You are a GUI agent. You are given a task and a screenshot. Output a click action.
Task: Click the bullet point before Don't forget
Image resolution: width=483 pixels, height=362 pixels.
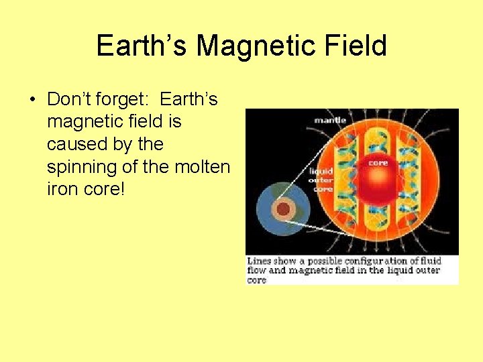pos(32,101)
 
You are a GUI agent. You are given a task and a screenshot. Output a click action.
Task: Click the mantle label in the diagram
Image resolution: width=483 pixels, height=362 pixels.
pos(330,120)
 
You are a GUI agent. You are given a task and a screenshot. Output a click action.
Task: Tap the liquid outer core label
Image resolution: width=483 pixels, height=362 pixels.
pos(321,180)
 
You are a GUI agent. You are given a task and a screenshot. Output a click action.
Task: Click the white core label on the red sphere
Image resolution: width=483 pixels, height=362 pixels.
pos(378,163)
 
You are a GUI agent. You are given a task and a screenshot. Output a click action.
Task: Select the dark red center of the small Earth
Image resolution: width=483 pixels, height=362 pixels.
pos(284,210)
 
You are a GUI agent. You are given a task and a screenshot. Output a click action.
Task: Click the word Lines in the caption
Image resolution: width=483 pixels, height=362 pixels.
pos(259,261)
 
